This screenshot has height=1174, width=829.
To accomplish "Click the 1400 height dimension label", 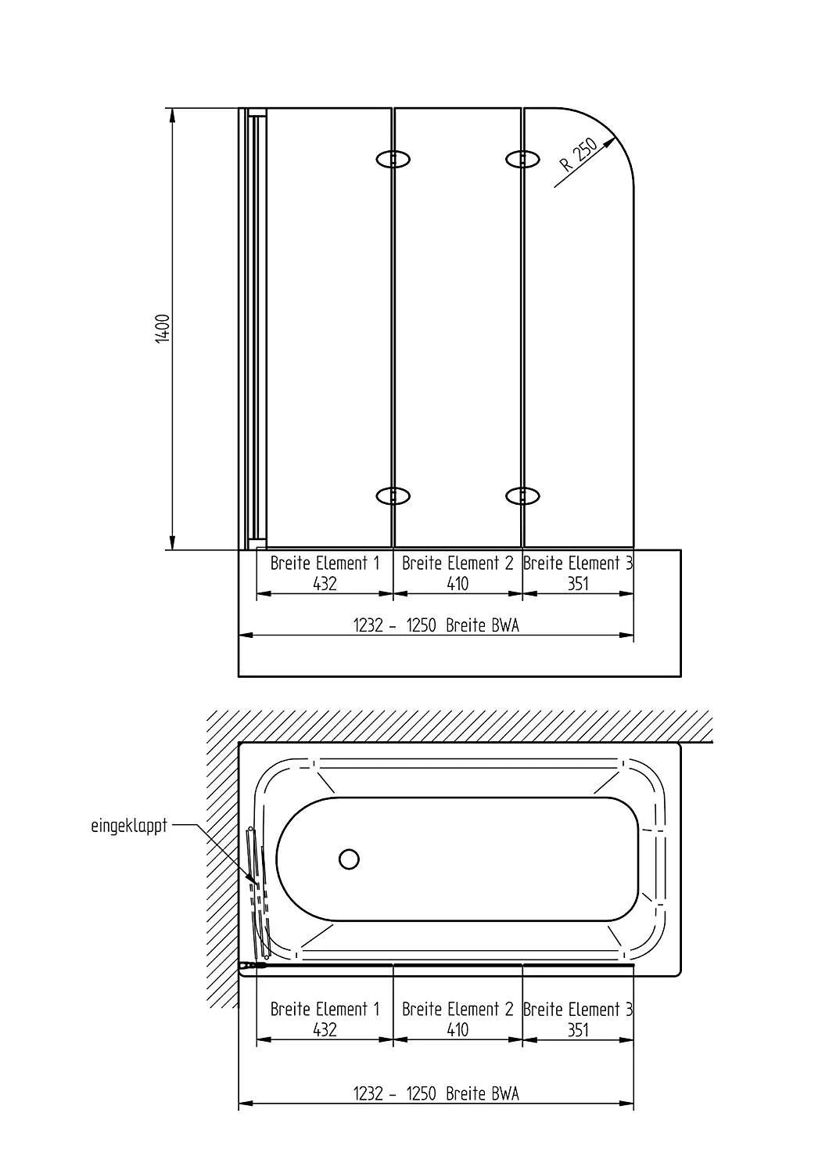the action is [163, 329].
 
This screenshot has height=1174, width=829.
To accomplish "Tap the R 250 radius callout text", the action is [579, 155].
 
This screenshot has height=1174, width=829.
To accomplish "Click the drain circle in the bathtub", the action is [349, 859].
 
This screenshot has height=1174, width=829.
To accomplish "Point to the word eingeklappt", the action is [129, 826].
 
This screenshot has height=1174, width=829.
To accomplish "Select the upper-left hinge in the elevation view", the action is [393, 159].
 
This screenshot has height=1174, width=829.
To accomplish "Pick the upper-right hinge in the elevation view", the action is [522, 159].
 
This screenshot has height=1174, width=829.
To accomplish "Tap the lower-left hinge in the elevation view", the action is [393, 495].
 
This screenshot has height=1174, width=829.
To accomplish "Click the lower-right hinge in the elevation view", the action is [522, 495].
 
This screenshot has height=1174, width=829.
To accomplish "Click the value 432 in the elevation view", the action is [325, 583].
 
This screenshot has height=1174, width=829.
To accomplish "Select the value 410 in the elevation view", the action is [458, 583].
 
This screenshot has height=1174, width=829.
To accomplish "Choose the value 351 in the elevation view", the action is [578, 583].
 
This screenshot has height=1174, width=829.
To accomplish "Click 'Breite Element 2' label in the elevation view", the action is [458, 564].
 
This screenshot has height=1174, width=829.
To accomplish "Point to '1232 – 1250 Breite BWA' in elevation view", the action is [436, 625].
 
